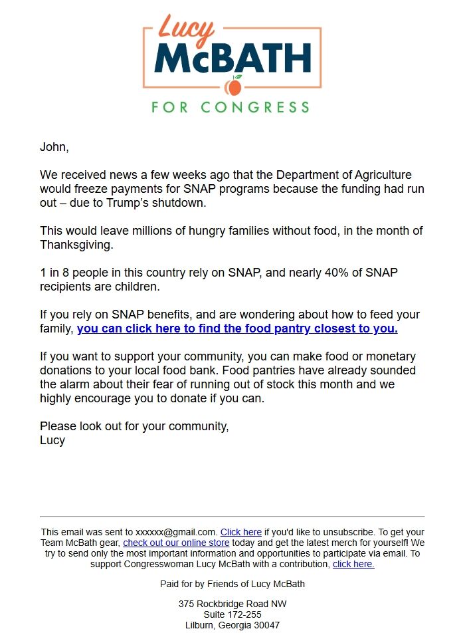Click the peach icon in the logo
click(x=233, y=86)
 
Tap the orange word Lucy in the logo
click(x=187, y=30)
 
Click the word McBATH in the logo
click(x=232, y=60)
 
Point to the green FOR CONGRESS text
click(x=231, y=107)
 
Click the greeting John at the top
click(x=54, y=147)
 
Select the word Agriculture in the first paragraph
click(x=380, y=175)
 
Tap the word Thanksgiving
click(x=76, y=245)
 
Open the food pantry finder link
click(x=237, y=328)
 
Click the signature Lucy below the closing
click(x=52, y=440)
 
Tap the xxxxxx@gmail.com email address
click(x=176, y=532)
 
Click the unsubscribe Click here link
click(x=241, y=532)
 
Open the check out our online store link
click(x=176, y=543)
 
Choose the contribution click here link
click(x=353, y=564)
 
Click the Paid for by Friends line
click(x=232, y=584)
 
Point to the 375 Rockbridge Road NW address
click(x=232, y=604)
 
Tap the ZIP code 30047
click(x=265, y=625)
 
